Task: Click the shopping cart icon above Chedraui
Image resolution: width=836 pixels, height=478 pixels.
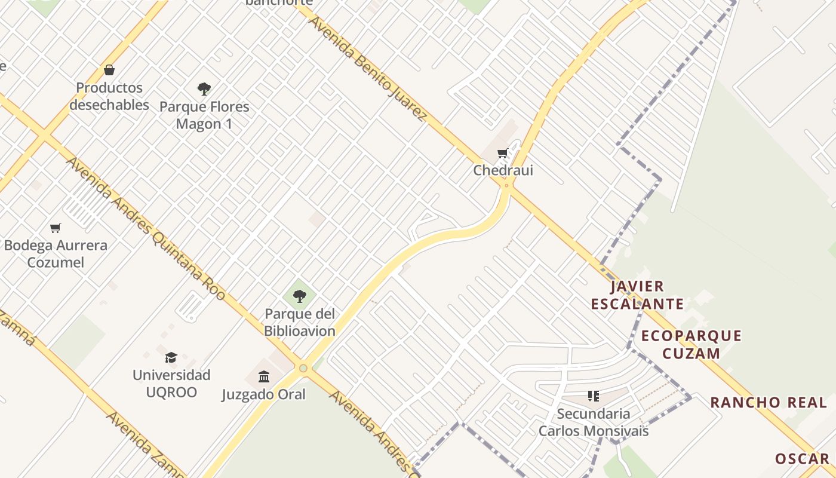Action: tap(503, 154)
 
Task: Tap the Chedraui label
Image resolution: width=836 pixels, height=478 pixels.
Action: tap(503, 170)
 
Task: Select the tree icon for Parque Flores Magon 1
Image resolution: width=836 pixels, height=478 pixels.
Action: tap(204, 90)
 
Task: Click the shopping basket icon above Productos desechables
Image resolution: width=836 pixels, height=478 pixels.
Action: tap(109, 70)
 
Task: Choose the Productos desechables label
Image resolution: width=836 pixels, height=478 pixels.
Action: tap(109, 96)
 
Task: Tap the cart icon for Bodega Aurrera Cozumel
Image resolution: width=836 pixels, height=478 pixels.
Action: tap(56, 228)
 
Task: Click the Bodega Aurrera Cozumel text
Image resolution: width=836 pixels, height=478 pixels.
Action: tap(56, 254)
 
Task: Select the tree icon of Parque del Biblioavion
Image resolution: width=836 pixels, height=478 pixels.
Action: tap(300, 295)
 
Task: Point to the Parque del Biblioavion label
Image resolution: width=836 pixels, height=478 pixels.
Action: tap(300, 322)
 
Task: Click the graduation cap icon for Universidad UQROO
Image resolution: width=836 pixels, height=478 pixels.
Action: tap(171, 357)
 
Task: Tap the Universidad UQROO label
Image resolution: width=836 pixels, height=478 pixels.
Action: tap(171, 384)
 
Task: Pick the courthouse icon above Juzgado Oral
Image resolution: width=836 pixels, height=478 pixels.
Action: tap(264, 376)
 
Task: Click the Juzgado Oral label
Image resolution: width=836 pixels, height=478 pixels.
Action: tap(264, 394)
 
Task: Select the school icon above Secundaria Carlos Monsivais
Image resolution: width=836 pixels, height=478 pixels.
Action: tap(593, 396)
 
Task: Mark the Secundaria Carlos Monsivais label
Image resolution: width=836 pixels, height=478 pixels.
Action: tap(593, 422)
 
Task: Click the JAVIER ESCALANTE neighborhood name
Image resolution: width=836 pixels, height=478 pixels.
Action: tap(637, 295)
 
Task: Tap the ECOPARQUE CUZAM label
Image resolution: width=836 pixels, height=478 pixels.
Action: tap(691, 344)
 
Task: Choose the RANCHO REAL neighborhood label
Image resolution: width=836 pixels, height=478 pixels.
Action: tap(768, 402)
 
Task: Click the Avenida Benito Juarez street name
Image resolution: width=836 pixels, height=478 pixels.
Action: tap(367, 68)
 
